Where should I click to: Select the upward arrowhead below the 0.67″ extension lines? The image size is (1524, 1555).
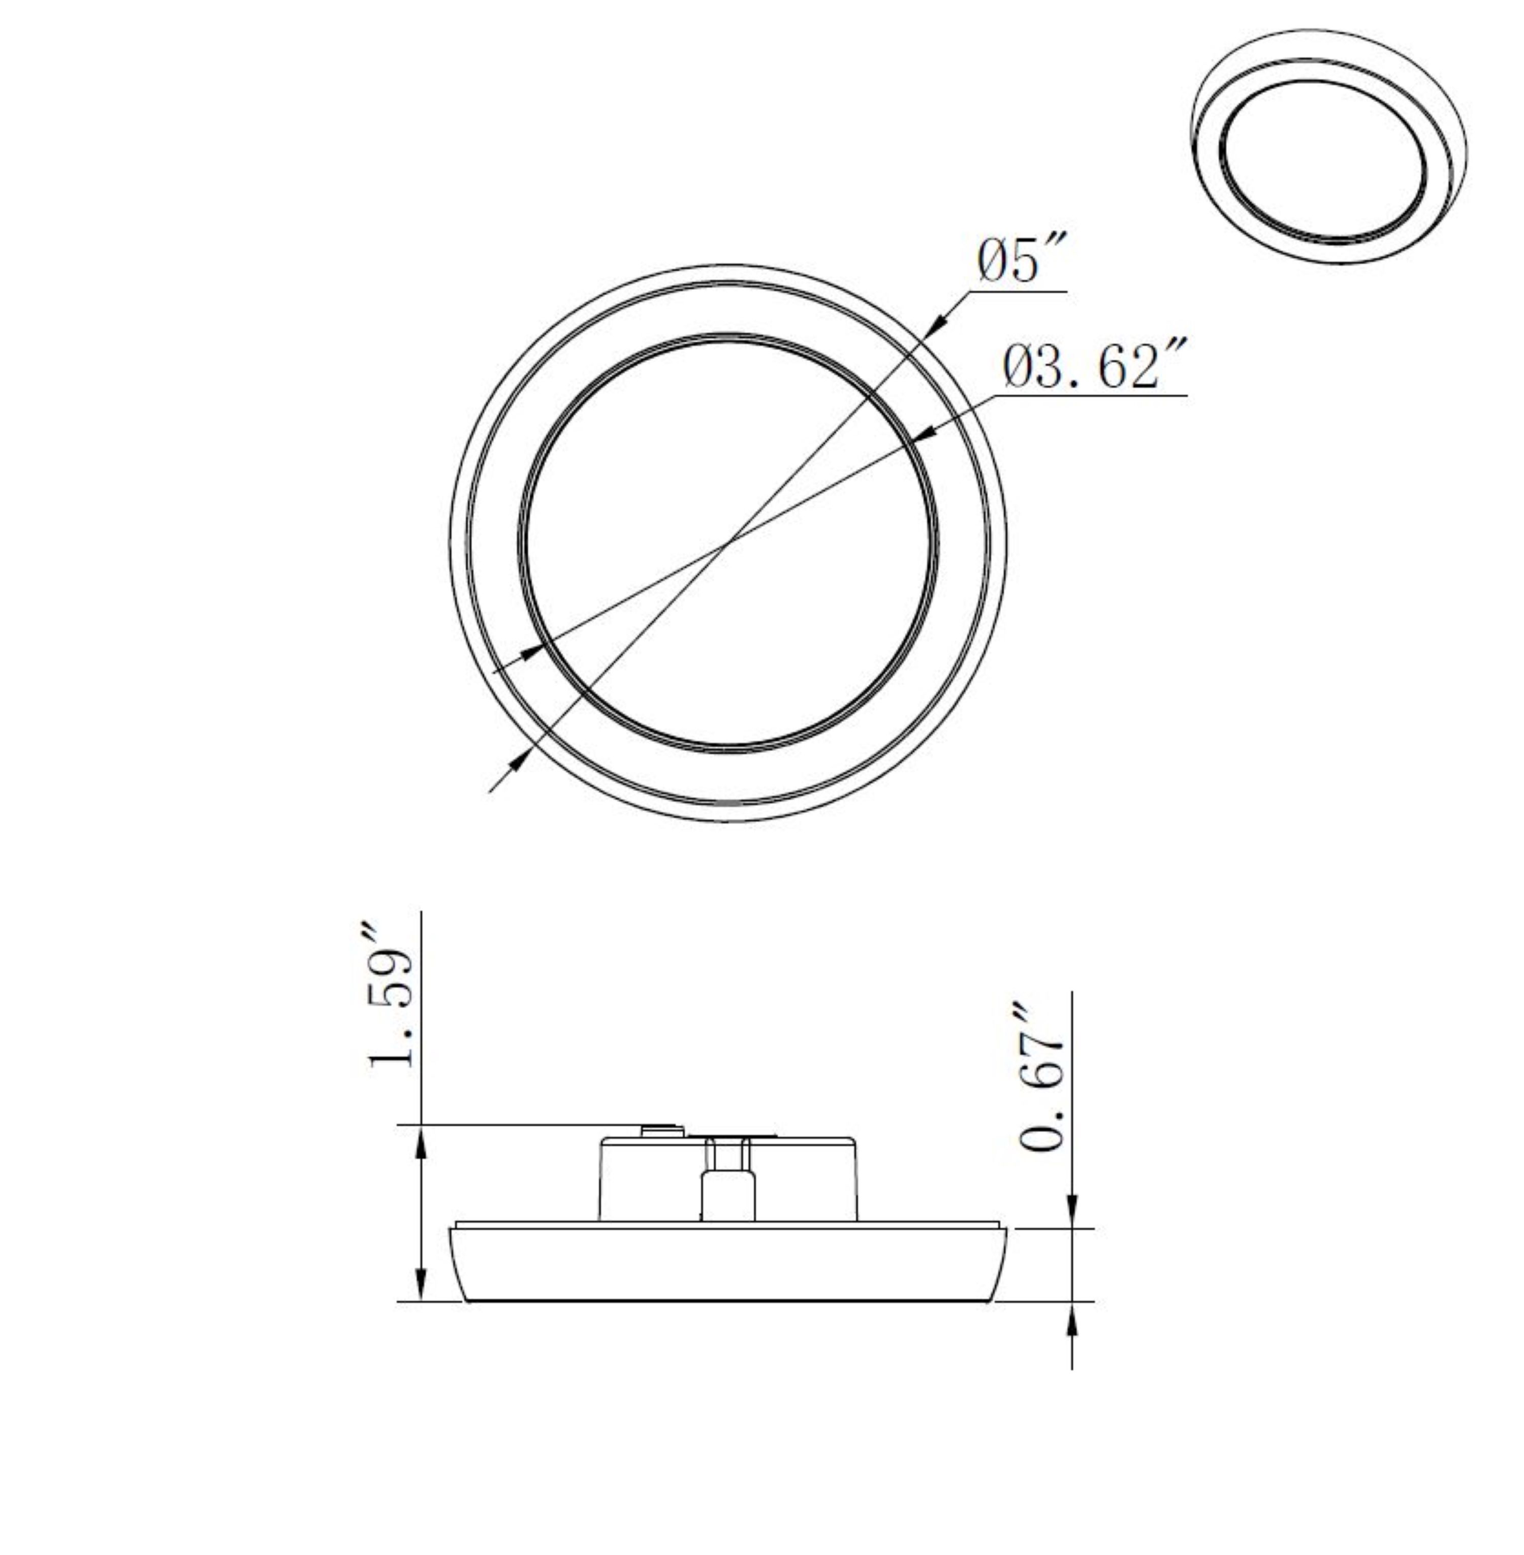tap(1072, 1322)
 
